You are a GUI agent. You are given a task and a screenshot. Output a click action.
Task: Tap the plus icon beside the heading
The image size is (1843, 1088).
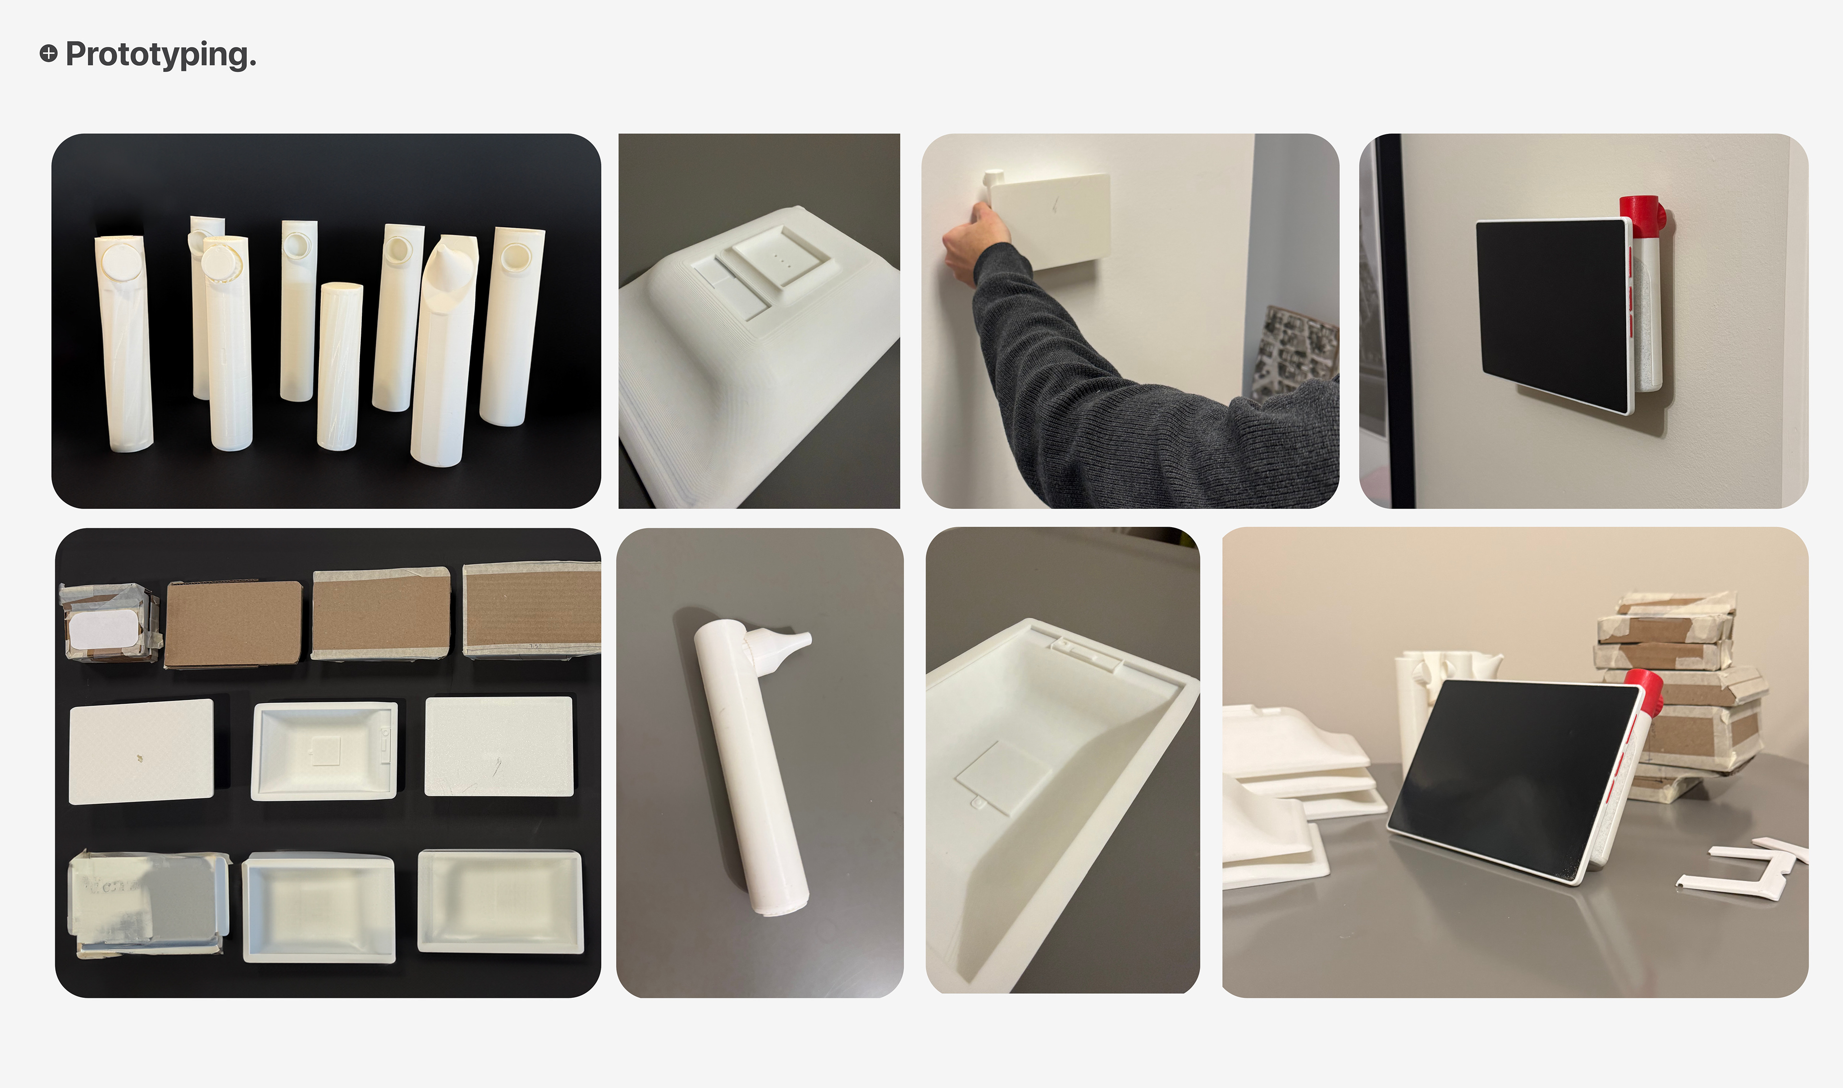[48, 54]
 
